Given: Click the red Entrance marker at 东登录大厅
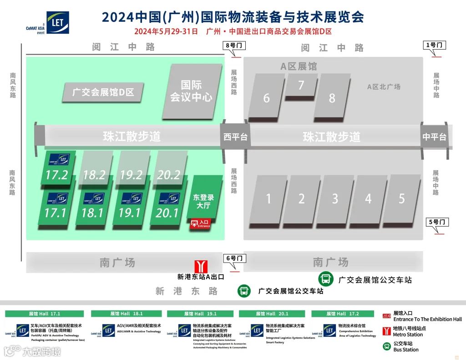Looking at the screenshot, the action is click(x=201, y=223).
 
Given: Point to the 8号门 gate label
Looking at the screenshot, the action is click(x=235, y=46).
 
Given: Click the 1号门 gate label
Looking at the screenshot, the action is click(x=435, y=45).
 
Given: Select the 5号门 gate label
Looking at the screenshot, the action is click(x=438, y=223).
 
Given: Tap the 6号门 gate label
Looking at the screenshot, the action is click(x=235, y=259).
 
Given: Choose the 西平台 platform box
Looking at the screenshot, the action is click(x=235, y=136).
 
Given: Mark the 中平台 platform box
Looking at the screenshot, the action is click(x=434, y=137).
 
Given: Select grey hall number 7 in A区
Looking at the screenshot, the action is click(x=301, y=86).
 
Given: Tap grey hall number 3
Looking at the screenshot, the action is click(x=335, y=199).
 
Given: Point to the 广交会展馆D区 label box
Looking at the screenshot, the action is click(x=104, y=92).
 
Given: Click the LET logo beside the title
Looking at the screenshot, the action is click(x=57, y=22).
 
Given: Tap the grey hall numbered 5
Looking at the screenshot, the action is click(x=401, y=199).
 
